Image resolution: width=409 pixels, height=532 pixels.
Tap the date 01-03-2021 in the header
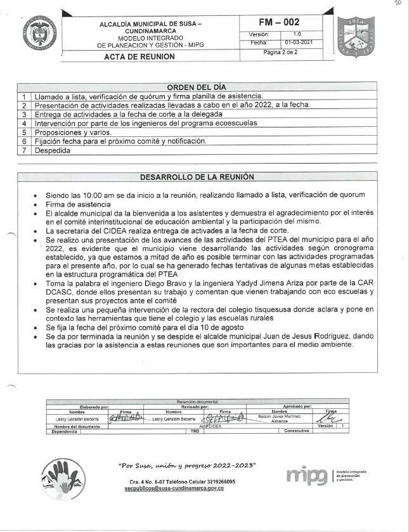(x=297, y=42)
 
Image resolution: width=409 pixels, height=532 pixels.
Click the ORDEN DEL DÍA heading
(x=196, y=87)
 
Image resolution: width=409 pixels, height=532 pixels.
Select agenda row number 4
(x=23, y=123)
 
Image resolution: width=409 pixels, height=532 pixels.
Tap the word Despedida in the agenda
(x=53, y=151)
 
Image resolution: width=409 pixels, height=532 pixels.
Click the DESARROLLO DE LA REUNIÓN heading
(x=197, y=176)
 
